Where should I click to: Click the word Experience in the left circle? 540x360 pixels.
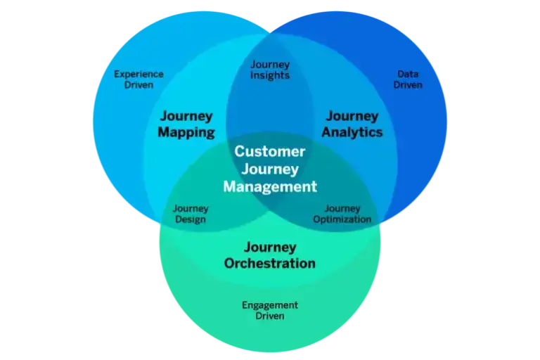coord(139,74)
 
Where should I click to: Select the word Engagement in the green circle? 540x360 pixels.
coord(270,305)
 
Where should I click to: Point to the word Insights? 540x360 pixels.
coord(270,76)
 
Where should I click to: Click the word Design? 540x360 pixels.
coord(190,219)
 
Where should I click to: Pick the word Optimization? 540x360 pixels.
coord(342,219)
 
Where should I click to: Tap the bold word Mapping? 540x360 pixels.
coord(186,132)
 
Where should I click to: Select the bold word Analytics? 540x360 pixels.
coord(352,132)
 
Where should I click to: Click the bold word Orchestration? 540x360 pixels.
coord(270,264)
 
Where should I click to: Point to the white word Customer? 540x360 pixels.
coord(270,151)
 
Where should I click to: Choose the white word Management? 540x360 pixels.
coord(270,187)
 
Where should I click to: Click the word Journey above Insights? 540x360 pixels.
coord(270,65)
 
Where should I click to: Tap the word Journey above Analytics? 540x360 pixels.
coord(352,116)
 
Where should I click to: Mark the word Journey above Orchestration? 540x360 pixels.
coord(270,247)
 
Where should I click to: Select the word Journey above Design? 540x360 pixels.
coord(191,208)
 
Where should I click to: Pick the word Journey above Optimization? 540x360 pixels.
coord(342,208)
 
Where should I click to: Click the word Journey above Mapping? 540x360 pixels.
coord(186,116)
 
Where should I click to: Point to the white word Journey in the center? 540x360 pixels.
coord(270,169)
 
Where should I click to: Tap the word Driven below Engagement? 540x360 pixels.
coord(270,316)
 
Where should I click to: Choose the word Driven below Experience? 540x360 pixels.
coord(139,85)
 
